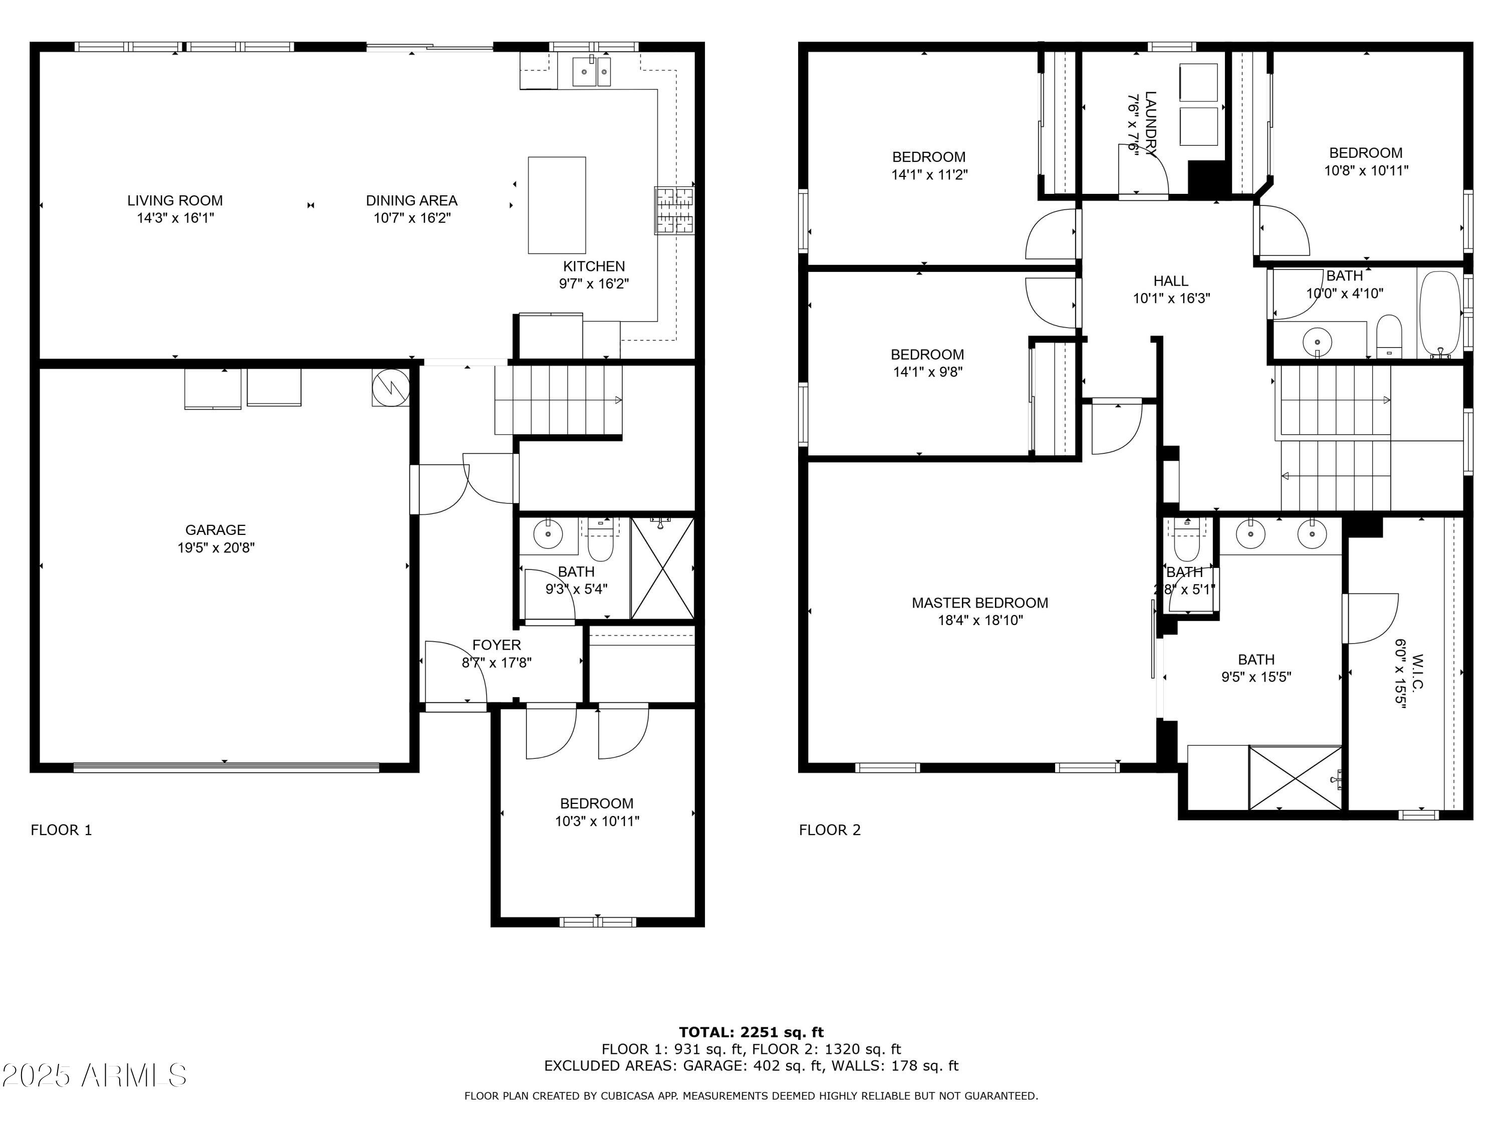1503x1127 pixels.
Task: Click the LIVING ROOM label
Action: click(175, 200)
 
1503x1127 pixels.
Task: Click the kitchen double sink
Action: click(591, 71)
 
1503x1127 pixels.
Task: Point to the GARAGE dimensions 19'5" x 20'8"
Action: click(215, 547)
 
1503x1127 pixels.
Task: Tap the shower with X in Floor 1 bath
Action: click(662, 568)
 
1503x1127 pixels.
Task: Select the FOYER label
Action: click(496, 645)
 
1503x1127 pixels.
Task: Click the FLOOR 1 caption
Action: click(61, 829)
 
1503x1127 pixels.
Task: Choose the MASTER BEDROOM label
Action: click(979, 603)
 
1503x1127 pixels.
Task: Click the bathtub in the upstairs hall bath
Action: click(1439, 312)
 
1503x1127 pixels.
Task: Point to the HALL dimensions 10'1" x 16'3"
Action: click(1171, 298)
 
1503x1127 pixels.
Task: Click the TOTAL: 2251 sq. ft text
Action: click(751, 1032)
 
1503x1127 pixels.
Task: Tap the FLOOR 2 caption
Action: click(829, 829)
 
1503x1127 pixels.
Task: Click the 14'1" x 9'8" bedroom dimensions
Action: click(927, 372)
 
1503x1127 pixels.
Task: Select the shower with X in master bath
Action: click(1295, 777)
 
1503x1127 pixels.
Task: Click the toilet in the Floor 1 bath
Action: click(600, 539)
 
